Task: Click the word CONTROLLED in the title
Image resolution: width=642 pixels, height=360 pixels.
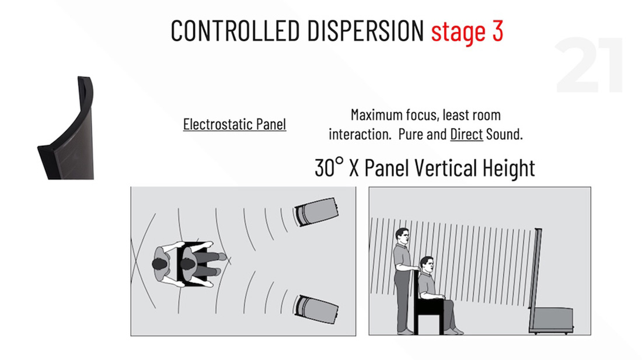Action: (x=235, y=31)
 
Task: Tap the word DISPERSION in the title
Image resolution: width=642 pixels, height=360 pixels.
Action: (x=365, y=31)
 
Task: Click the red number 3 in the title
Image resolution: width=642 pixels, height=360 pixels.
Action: (x=497, y=31)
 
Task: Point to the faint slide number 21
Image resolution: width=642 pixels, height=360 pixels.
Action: (x=589, y=65)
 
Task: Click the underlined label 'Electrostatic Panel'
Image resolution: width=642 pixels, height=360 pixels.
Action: (x=235, y=124)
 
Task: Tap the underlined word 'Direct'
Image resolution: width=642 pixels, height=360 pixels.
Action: (x=466, y=134)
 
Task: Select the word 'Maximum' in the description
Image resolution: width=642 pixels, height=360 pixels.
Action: (x=376, y=115)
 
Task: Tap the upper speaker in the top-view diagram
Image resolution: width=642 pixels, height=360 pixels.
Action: (x=316, y=211)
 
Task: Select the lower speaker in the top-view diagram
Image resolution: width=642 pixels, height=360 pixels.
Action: (x=316, y=309)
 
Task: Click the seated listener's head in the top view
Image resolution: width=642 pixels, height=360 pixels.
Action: (x=187, y=264)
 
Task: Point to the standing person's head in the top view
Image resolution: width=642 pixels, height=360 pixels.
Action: (x=159, y=264)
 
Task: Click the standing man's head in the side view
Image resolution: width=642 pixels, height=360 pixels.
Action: (x=402, y=236)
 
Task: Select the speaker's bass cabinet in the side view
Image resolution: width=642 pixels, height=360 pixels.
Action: (x=551, y=320)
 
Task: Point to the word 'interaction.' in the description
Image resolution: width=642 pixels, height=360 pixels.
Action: (x=360, y=134)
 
